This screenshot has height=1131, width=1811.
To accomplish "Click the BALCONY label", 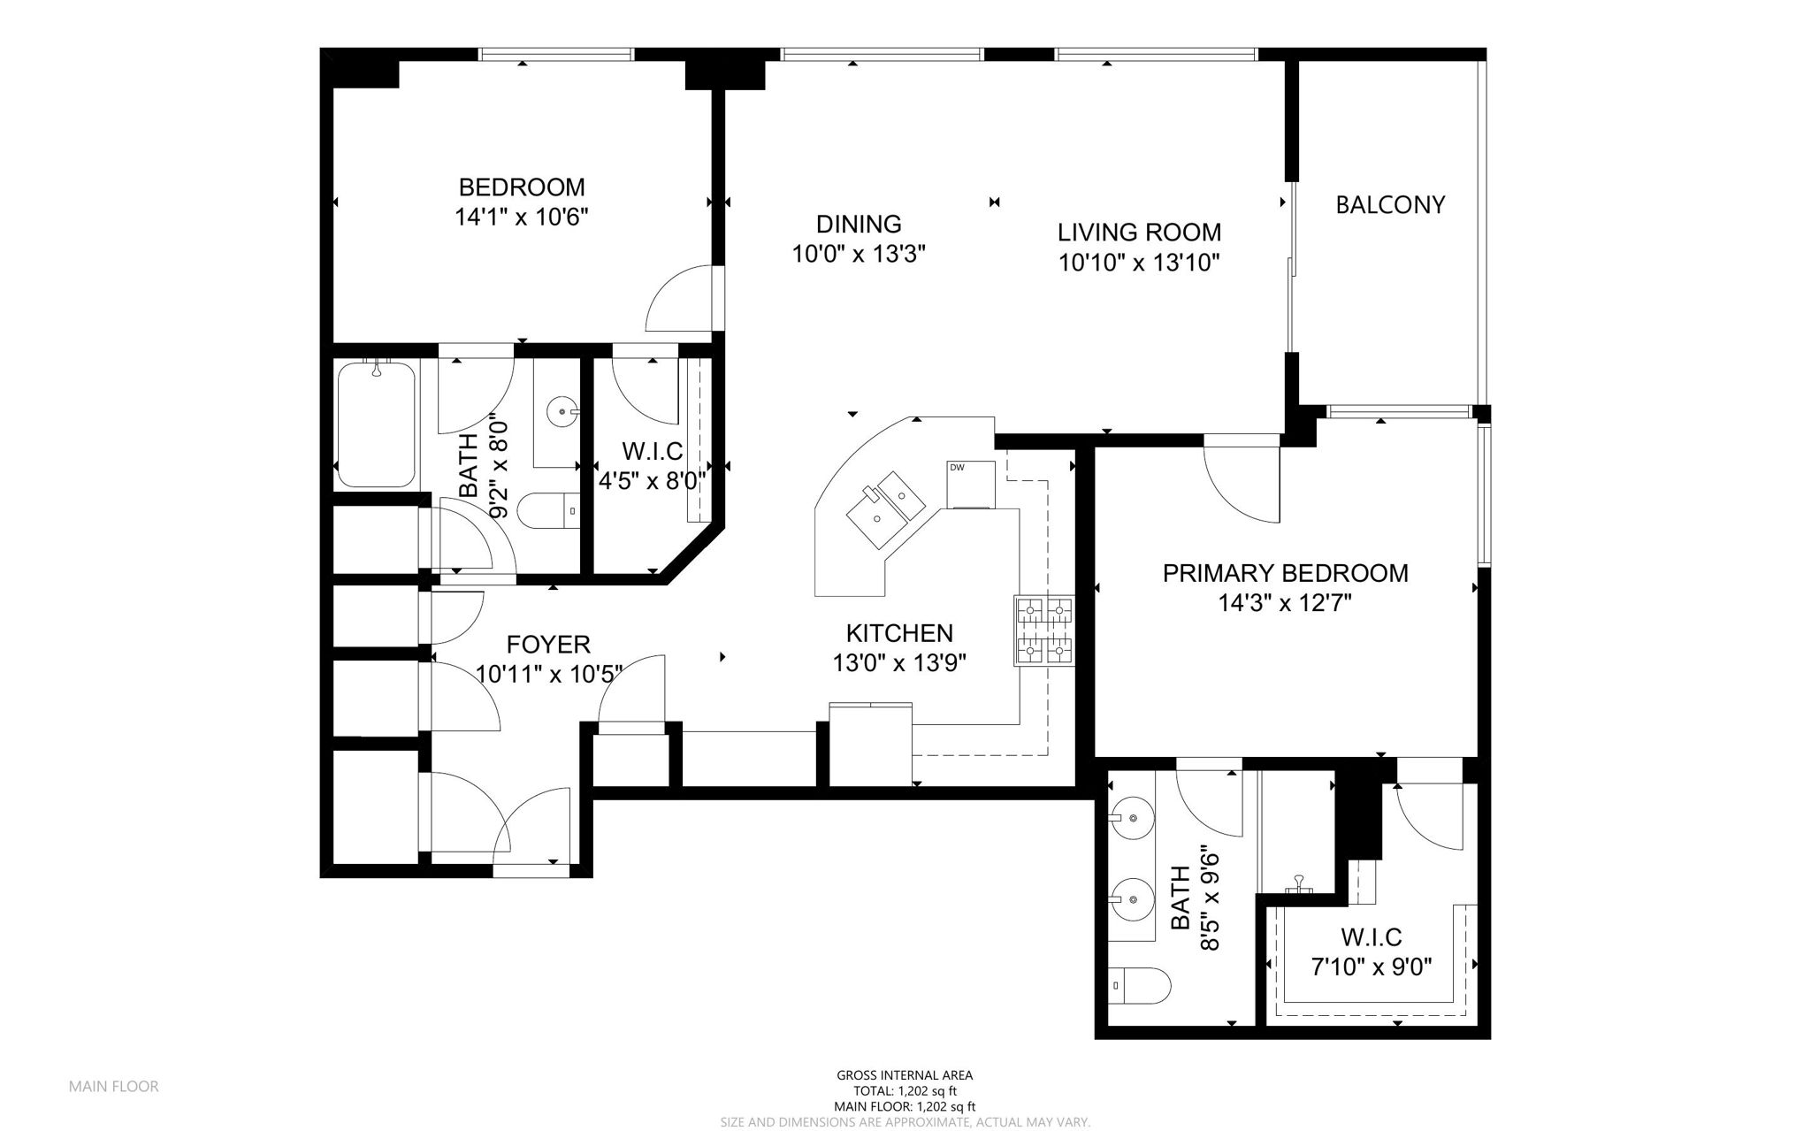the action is tap(1390, 205).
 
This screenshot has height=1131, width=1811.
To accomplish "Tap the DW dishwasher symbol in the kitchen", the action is tap(970, 485).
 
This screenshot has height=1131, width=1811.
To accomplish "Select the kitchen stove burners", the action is tap(1044, 630).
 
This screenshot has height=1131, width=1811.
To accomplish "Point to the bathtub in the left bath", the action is tap(377, 424).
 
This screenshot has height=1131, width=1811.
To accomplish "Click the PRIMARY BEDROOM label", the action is tap(1285, 573).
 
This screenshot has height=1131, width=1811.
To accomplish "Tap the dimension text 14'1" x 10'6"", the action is tap(522, 218).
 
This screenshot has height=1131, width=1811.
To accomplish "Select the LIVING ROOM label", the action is tap(1139, 233).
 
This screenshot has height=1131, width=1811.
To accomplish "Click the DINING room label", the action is tap(859, 225).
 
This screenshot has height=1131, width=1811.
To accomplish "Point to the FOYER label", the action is tap(548, 644).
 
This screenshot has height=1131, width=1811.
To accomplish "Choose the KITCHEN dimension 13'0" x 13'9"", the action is tap(899, 663).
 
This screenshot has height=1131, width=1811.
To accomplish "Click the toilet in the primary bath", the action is tap(1140, 984).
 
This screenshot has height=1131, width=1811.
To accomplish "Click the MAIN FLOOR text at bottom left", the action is tap(114, 1087).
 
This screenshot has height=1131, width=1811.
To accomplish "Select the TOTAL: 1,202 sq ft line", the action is tap(905, 1091).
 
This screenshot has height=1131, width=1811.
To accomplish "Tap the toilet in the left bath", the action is tap(548, 511).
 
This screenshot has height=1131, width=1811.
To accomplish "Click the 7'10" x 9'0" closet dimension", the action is tap(1372, 966).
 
